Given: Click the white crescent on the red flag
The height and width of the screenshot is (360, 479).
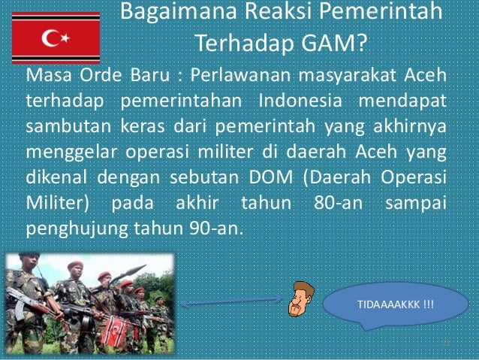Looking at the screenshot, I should click(50, 39).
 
